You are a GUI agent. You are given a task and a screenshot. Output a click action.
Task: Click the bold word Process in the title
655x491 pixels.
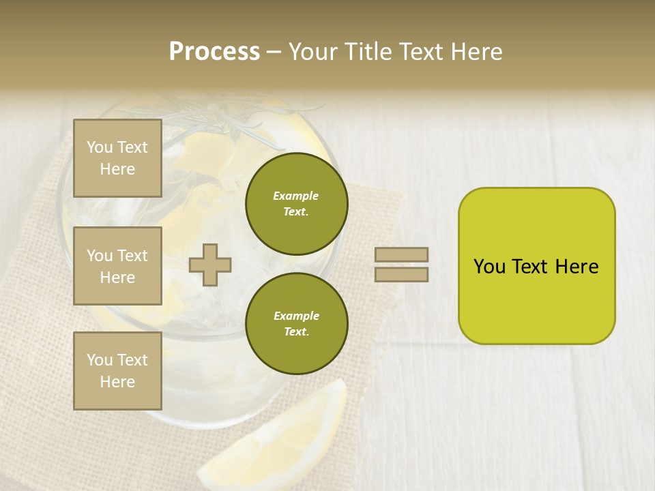pos(214,52)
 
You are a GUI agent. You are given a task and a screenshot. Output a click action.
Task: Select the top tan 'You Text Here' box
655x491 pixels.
pos(117,158)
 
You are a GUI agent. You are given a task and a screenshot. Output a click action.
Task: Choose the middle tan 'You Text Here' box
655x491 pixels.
pos(117,266)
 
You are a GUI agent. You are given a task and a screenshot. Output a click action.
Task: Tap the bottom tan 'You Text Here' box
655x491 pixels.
pos(117,371)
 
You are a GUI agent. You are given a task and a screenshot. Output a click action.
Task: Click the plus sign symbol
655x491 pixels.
pos(210,265)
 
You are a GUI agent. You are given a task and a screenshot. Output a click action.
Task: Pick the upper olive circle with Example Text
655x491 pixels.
pos(296,204)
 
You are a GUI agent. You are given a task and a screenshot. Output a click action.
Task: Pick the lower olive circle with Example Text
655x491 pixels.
pos(296,324)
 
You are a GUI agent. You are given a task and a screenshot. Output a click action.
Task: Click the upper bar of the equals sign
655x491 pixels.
pos(401,254)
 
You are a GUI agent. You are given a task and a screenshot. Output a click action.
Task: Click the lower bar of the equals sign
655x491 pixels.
pos(401,274)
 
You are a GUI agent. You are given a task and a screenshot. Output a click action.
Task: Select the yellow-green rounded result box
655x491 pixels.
pos(536,266)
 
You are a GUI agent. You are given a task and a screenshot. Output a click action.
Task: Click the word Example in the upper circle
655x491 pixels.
pos(296,196)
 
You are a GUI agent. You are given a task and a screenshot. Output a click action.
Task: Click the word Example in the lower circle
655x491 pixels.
pos(296,316)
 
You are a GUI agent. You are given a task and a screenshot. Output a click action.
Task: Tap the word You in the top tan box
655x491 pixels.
pos(100,147)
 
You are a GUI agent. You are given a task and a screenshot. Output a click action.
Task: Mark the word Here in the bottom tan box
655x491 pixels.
pos(117,382)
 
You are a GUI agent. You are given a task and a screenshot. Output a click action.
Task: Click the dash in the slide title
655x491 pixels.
pos(274,53)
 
